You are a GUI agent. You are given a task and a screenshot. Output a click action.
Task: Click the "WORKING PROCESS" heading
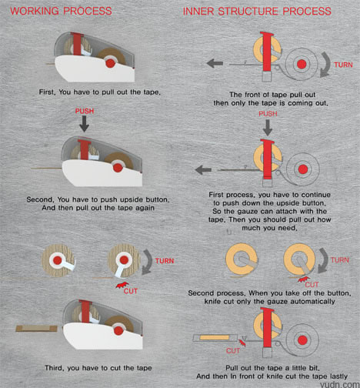(x=61, y=11)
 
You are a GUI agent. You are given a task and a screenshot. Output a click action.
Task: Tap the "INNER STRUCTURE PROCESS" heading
(x=257, y=12)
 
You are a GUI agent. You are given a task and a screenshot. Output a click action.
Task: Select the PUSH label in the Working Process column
(x=85, y=111)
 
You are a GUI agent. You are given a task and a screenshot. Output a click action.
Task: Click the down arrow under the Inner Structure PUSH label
(x=268, y=128)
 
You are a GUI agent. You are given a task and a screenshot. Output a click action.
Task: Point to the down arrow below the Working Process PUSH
(x=84, y=124)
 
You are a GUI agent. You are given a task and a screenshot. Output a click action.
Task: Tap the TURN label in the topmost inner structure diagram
(x=343, y=65)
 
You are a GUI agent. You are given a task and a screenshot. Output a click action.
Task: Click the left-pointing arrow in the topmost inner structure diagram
(x=215, y=63)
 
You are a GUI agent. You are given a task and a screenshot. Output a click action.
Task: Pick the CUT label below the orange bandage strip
(x=233, y=351)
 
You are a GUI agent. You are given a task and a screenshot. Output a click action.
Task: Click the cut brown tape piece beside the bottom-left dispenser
(x=37, y=329)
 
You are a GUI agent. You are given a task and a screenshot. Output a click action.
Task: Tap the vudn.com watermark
(x=339, y=384)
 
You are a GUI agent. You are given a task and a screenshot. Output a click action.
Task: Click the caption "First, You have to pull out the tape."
(x=100, y=92)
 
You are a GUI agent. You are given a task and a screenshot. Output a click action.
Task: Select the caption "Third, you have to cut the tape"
(x=98, y=368)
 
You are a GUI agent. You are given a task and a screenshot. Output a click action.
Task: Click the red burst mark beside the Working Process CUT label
(x=122, y=285)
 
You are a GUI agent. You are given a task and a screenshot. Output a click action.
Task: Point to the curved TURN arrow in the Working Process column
(x=148, y=262)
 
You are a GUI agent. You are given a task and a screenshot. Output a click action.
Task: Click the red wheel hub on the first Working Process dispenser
(x=110, y=63)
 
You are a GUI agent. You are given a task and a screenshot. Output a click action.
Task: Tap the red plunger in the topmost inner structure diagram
(x=267, y=52)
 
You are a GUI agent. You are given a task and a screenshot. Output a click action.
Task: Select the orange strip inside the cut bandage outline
(x=214, y=337)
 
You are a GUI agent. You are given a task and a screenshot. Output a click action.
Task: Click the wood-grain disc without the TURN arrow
(x=58, y=260)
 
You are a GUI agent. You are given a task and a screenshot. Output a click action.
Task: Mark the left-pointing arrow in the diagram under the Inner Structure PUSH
(x=203, y=170)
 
